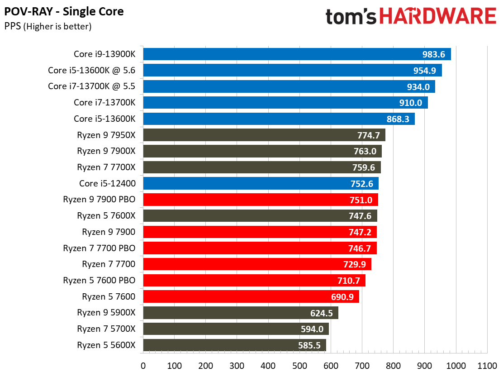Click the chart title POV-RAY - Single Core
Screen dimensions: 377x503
[64, 11]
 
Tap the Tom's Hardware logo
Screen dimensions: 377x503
[411, 16]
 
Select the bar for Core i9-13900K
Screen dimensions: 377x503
[296, 54]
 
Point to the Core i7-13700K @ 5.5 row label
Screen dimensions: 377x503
[91, 86]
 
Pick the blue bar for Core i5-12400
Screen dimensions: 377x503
[260, 183]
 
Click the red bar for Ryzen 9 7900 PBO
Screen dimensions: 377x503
[260, 200]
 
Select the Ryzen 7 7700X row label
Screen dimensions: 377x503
[106, 167]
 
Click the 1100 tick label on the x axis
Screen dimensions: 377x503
[487, 366]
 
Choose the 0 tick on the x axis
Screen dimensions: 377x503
[143, 366]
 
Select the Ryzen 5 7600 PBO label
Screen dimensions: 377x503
[99, 281]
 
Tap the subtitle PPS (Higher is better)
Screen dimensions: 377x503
[48, 26]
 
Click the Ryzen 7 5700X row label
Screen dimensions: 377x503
[106, 329]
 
